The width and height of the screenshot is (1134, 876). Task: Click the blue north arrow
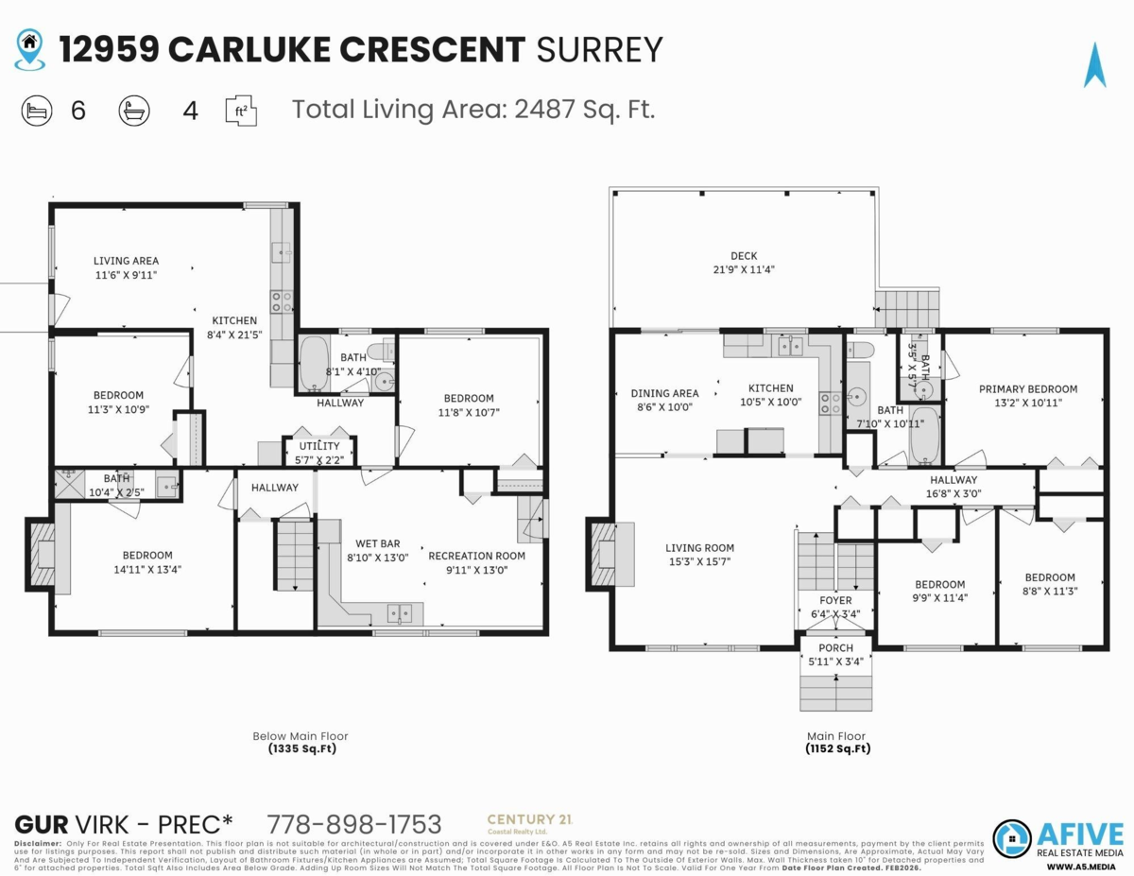1095,65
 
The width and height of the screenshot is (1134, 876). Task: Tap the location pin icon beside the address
30,49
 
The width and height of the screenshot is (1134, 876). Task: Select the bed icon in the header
36,111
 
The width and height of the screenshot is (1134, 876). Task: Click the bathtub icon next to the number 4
134,111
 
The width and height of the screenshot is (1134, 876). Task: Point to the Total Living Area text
472,110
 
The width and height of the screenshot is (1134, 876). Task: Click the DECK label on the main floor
744,255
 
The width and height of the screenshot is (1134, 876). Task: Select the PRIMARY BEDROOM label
1027,388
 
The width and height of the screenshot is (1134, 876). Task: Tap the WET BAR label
377,543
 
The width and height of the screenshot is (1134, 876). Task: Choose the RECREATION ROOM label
476,556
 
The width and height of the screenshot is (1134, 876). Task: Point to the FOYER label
835,600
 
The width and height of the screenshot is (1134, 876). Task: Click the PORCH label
835,647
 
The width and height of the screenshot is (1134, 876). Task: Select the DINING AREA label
664,393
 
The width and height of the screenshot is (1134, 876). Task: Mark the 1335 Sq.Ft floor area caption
300,748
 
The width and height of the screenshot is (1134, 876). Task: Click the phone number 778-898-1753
354,823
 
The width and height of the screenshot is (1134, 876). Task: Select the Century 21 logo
528,823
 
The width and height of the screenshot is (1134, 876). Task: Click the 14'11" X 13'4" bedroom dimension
147,569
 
